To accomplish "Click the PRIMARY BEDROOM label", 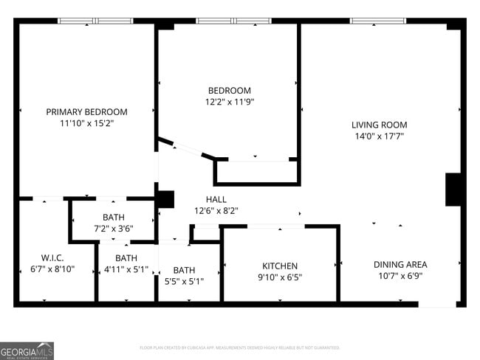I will pos(86,112).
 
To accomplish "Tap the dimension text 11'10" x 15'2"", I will pos(86,123).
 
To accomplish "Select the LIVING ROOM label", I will pos(379,125).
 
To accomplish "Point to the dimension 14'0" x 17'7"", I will pos(379,136).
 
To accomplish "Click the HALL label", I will pos(216,199).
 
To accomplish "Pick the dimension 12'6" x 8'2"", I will pos(216,210).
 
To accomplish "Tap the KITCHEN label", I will pos(280,266).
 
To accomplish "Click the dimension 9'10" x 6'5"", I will pos(280,277).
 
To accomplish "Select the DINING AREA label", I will pos(400,265).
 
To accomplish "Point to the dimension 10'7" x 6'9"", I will pos(400,276).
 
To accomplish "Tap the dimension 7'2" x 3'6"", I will pos(113,229).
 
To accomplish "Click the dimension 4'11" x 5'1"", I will pos(126,269).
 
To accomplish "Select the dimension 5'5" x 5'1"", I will pos(184,281).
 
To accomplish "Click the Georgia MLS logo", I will pos(27,350).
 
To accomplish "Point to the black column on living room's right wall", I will pos(453,190).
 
